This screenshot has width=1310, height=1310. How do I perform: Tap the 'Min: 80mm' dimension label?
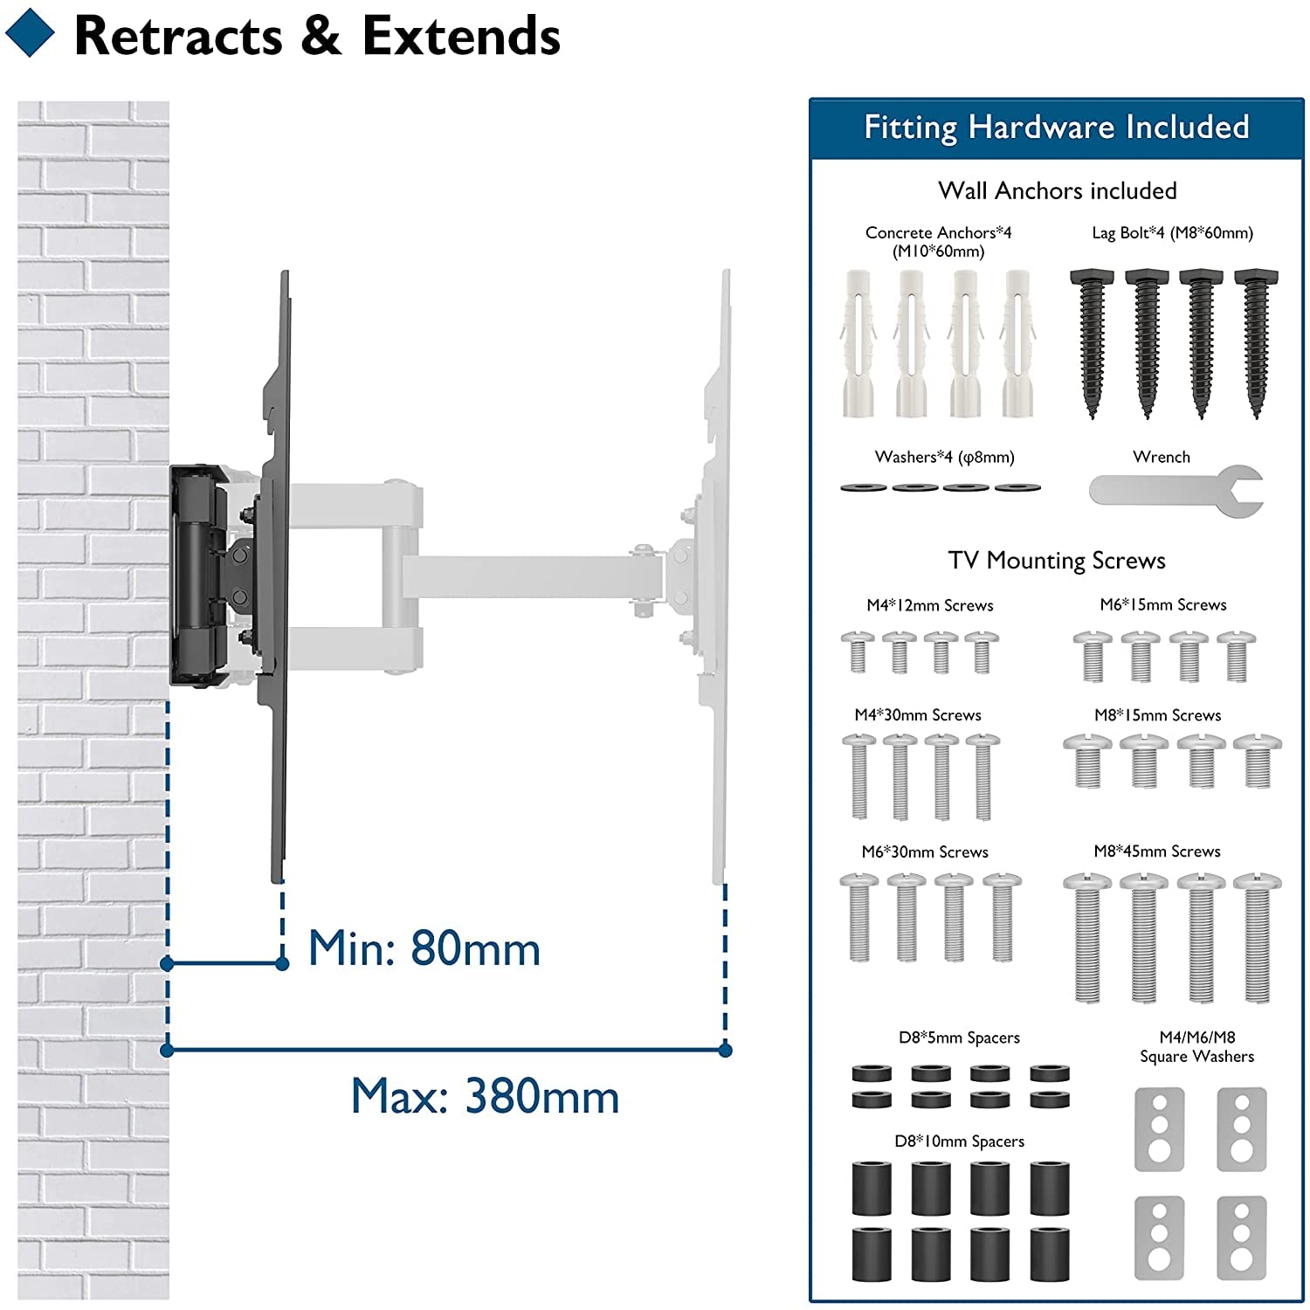(x=424, y=948)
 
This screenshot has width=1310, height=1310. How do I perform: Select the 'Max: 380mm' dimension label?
(x=485, y=1097)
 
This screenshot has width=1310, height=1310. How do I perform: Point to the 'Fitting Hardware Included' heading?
(x=1056, y=128)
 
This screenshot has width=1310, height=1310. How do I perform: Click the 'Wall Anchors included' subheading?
(x=1057, y=190)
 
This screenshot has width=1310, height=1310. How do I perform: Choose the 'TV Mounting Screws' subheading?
(x=1057, y=561)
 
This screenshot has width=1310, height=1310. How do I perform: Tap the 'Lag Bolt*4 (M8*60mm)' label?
(x=1172, y=232)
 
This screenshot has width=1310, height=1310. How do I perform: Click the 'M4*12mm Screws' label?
(x=929, y=605)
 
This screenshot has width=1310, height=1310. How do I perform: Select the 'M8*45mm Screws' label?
(x=1156, y=851)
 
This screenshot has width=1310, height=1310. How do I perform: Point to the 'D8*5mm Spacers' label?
(x=959, y=1038)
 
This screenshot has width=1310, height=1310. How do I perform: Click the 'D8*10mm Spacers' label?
(x=959, y=1141)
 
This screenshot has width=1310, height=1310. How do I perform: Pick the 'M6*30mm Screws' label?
(x=924, y=851)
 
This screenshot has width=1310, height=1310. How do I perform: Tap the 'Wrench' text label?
(x=1161, y=457)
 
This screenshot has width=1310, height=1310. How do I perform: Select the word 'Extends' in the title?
(x=461, y=37)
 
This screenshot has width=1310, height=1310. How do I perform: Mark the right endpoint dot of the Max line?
(x=725, y=1050)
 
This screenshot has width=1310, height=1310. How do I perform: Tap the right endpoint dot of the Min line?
(x=282, y=963)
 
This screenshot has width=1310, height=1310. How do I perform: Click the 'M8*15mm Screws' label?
(x=1157, y=715)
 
